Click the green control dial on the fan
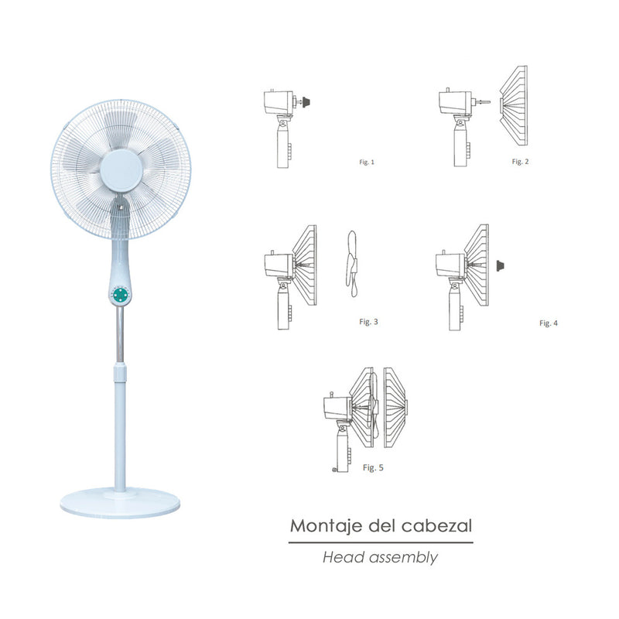[x=120, y=296]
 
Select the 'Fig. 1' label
[x=367, y=162]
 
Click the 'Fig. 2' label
[x=521, y=161]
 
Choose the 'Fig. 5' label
[x=373, y=467]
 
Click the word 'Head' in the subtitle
[x=340, y=556]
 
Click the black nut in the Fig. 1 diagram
[x=306, y=100]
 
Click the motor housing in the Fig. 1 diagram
[x=277, y=100]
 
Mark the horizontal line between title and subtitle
[x=380, y=543]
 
